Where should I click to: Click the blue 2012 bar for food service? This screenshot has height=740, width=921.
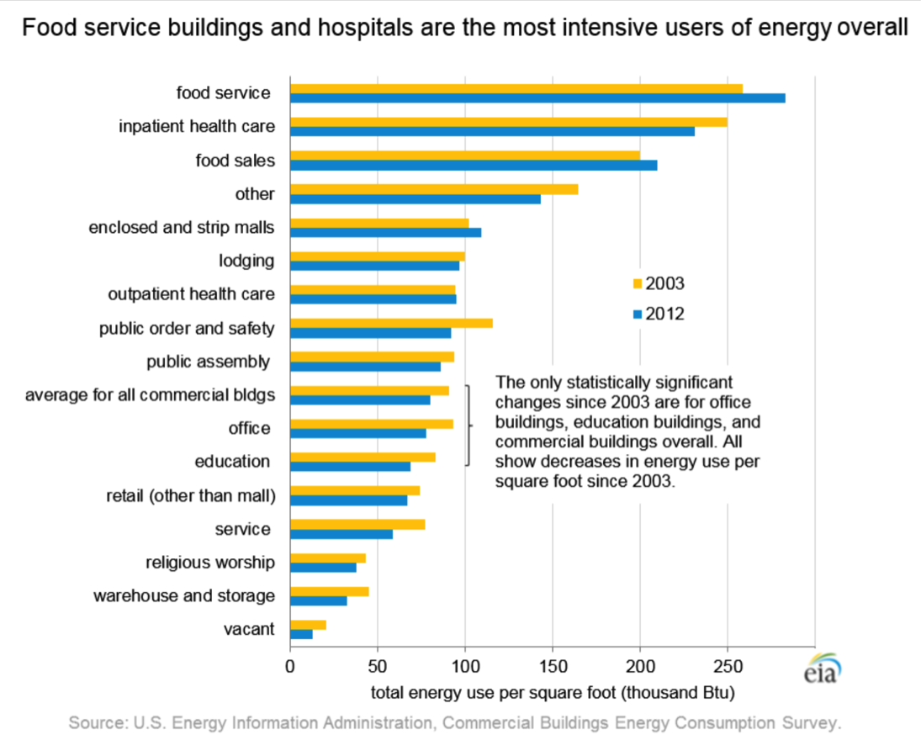coord(537,98)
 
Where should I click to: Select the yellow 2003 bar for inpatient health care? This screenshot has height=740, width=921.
coord(508,122)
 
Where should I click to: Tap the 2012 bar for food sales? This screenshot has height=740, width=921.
coord(474,165)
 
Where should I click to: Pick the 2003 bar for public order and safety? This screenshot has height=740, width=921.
coord(391,323)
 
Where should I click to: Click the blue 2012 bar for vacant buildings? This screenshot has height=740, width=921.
coord(301,634)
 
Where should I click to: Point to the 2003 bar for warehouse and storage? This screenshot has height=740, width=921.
coord(329,591)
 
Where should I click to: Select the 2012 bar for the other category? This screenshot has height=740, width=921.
coord(416,198)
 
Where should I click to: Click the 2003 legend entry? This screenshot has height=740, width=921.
coord(658,283)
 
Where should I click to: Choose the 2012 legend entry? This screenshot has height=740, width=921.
coord(658,314)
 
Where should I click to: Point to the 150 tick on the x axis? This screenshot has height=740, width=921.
coord(553,669)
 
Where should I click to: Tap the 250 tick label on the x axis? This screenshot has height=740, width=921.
coord(728,669)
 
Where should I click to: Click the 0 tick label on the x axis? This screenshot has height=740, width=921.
coord(290,669)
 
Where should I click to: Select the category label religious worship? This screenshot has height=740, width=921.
coord(209,562)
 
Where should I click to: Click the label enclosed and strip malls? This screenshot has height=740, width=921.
coord(182,228)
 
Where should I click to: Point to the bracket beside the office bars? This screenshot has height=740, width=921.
coord(468,425)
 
